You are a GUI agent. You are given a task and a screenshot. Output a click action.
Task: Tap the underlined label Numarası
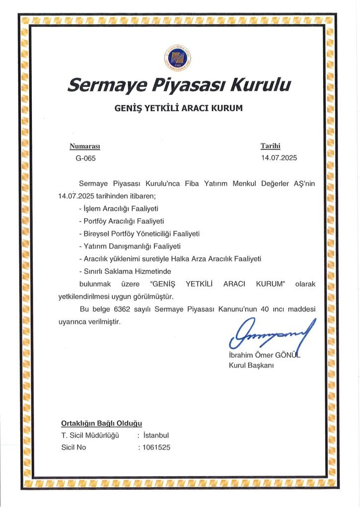(85, 146)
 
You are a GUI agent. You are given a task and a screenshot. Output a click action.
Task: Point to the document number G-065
(85, 158)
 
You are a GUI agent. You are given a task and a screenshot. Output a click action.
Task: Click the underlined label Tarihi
(271, 146)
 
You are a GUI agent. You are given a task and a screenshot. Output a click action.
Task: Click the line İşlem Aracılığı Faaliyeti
(118, 208)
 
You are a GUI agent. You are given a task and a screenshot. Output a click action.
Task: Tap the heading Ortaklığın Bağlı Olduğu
(101, 423)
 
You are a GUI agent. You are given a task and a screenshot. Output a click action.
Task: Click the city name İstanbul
(155, 436)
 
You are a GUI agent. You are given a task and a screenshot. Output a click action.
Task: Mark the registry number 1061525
(156, 447)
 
